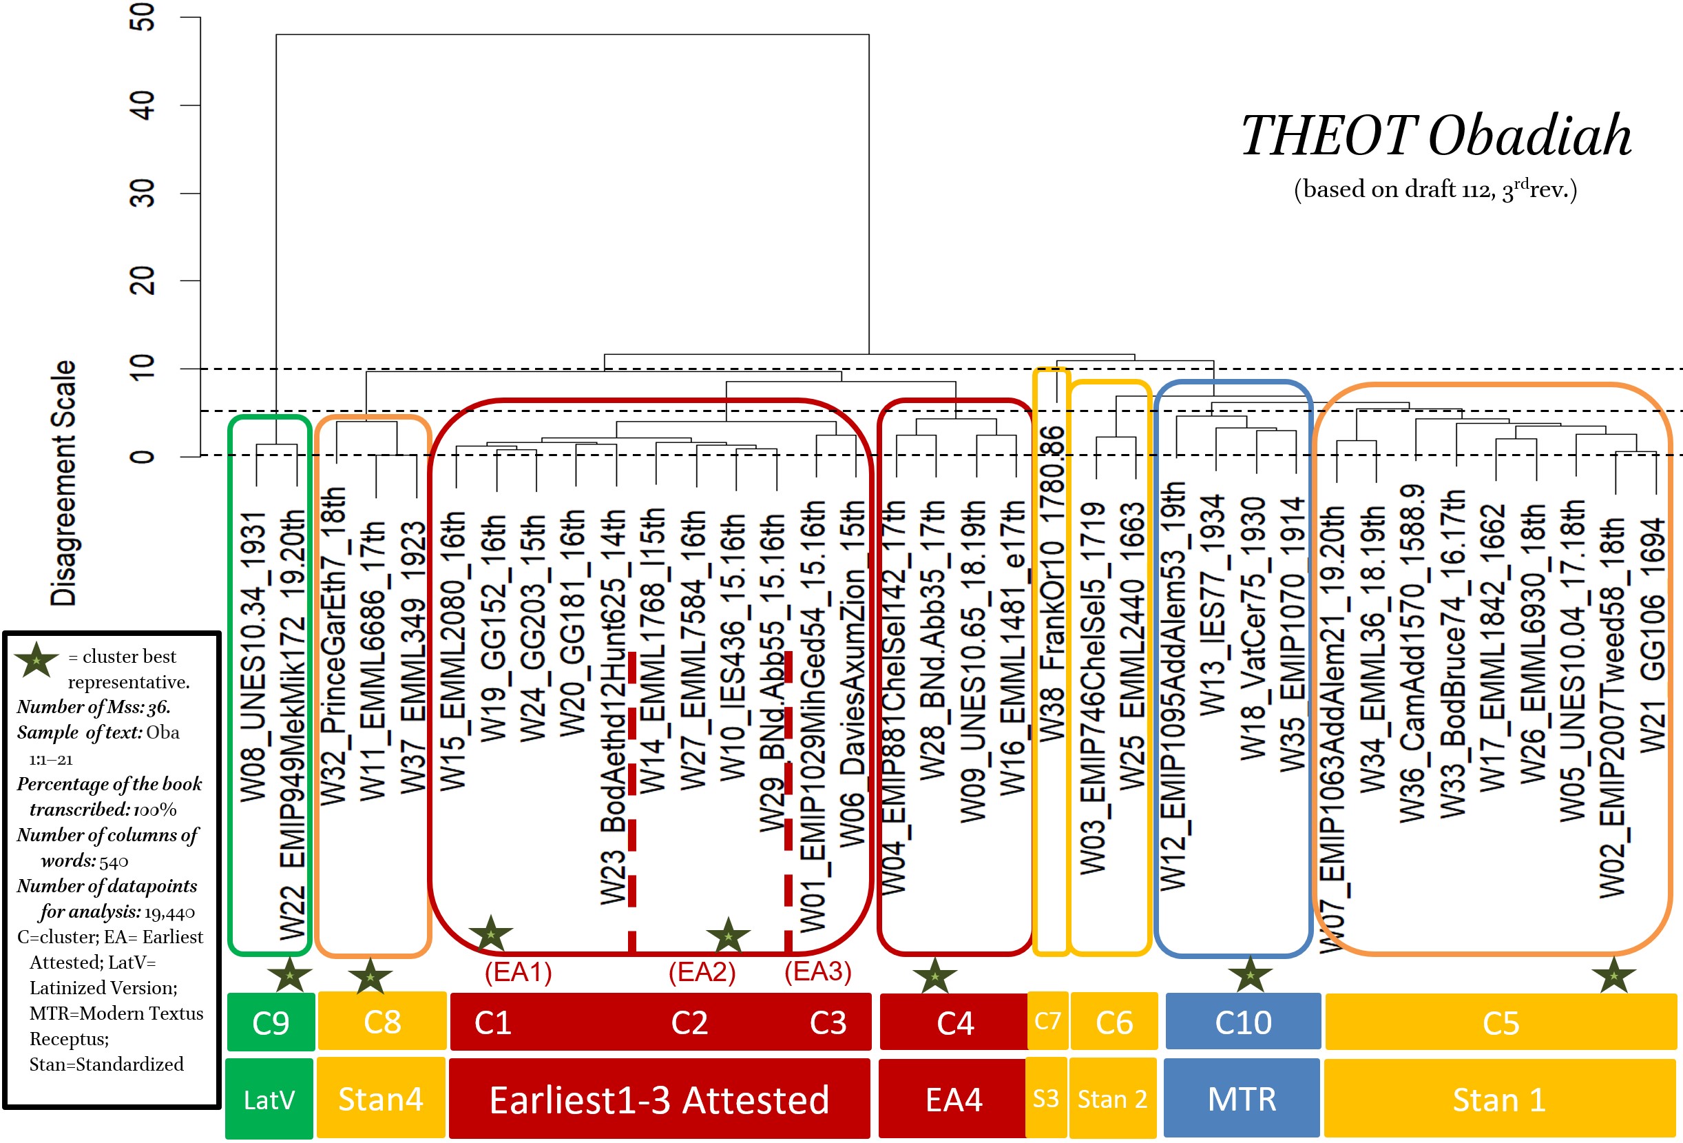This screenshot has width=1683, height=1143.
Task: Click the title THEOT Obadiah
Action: (1436, 136)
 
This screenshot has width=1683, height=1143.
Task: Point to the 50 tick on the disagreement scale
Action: (143, 17)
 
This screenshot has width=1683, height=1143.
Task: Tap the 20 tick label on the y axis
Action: (143, 280)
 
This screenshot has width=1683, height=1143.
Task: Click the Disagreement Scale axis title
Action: (64, 483)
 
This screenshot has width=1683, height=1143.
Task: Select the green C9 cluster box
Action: (271, 1022)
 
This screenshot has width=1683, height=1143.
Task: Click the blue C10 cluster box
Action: (1243, 1022)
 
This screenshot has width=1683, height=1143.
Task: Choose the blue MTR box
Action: (1242, 1099)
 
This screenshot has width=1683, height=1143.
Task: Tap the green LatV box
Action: (269, 1099)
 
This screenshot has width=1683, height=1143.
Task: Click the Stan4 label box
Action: (381, 1099)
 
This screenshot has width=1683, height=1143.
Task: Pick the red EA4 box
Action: (953, 1099)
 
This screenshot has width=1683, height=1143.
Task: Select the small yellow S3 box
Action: (1046, 1098)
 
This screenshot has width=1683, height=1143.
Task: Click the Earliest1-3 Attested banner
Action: (659, 1099)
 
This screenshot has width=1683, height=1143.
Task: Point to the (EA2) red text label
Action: (702, 971)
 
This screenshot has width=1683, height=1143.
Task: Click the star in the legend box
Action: (36, 659)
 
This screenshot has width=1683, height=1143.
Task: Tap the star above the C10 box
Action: (1250, 975)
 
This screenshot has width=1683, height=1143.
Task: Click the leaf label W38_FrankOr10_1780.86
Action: (1052, 584)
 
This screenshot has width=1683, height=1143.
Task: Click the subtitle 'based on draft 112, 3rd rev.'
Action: (1435, 189)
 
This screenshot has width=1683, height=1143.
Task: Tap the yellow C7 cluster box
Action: (1047, 1021)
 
